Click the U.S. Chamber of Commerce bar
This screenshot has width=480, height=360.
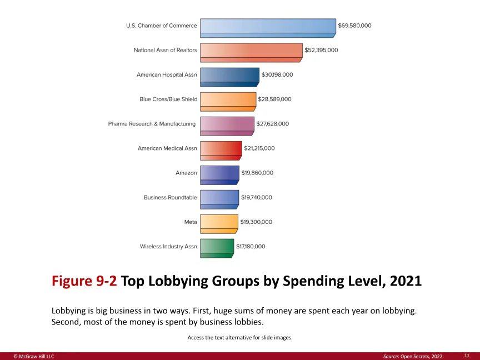(x=268, y=26)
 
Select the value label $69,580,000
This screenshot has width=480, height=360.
(x=354, y=26)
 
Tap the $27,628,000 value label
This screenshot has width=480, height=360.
(x=273, y=124)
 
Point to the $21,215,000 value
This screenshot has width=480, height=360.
(x=259, y=148)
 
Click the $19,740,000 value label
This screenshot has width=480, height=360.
(x=256, y=197)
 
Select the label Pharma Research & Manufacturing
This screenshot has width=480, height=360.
(x=152, y=124)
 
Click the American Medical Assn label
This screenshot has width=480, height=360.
(x=167, y=148)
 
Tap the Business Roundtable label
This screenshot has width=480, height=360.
(x=170, y=197)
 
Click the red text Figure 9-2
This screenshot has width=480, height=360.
(x=84, y=281)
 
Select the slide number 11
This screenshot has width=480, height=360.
(x=467, y=355)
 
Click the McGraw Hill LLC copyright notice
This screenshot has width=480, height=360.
(x=34, y=356)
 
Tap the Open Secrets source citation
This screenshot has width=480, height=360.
(x=413, y=356)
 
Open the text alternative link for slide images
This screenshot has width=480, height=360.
(x=240, y=337)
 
